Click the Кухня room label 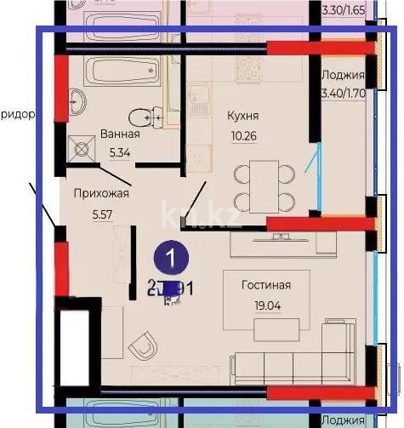pos(243,115)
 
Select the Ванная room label pos(120,134)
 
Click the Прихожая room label pos(100,193)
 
